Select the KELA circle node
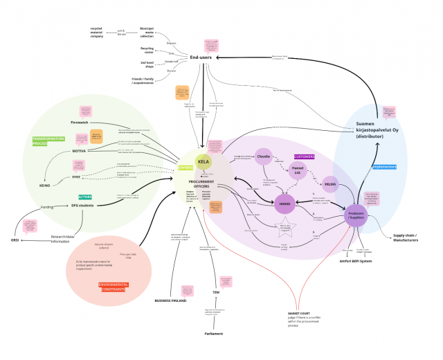pos(204,162)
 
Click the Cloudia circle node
pos(264,156)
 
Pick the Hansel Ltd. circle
pos(298,170)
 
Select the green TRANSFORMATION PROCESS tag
pos(48,141)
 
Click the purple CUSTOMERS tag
pos(304,157)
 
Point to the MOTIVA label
pos(79,150)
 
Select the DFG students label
pos(82,206)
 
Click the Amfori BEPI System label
pos(356,261)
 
